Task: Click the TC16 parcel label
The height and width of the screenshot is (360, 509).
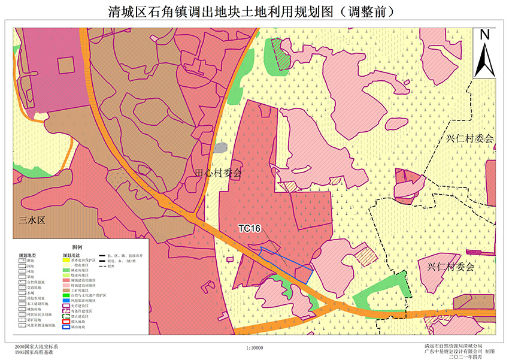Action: pos(249,228)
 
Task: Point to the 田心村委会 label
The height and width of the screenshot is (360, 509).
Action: pos(219,174)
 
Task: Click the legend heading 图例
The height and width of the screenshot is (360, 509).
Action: pos(78,247)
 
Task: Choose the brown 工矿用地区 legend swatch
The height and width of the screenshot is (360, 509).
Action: pos(66,290)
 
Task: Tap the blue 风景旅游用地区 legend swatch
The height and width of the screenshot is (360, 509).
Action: pos(66,301)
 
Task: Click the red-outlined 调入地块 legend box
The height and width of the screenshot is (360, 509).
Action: pos(66,322)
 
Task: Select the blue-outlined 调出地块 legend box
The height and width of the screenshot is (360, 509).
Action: pos(66,328)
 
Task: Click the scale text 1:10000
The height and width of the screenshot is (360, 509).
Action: pos(255,348)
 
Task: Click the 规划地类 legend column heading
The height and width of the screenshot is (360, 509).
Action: pos(27,255)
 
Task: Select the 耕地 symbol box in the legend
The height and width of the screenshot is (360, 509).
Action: pos(22,261)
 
